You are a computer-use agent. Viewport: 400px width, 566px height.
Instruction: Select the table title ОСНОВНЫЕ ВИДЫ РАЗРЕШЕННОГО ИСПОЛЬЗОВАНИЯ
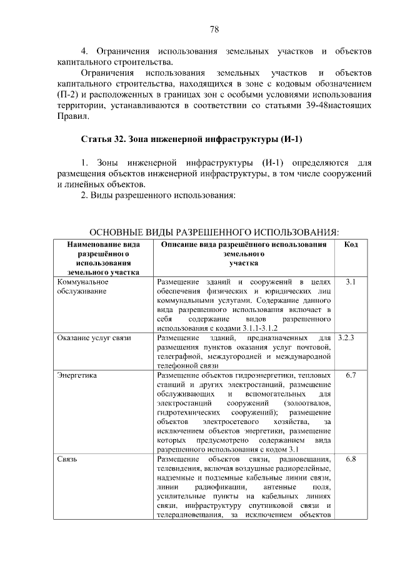pyautogui.click(x=211, y=232)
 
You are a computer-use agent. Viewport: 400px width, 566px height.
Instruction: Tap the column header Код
pyautogui.click(x=351, y=245)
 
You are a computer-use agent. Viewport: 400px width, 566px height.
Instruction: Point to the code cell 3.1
pyautogui.click(x=351, y=282)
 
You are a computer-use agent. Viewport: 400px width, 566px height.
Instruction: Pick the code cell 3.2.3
pyautogui.click(x=346, y=338)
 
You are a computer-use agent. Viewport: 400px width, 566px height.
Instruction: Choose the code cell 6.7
pyautogui.click(x=351, y=375)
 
